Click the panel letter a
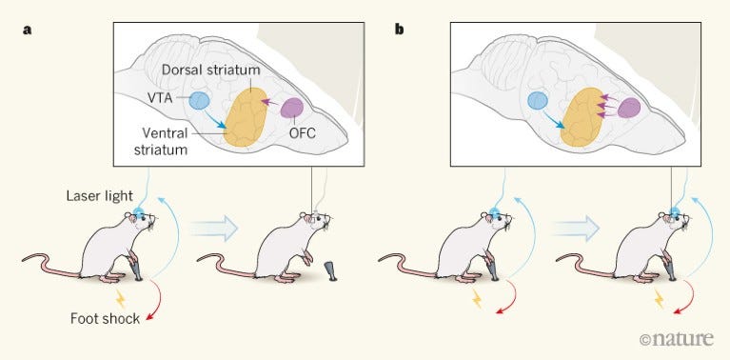(28, 30)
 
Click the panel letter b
(400, 30)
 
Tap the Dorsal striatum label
(210, 71)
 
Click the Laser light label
(98, 196)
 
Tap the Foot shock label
(106, 318)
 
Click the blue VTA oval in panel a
(200, 101)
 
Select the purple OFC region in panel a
(292, 108)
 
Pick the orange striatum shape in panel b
(581, 117)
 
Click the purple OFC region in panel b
(629, 108)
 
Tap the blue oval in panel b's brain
(538, 101)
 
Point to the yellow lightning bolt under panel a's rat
(120, 298)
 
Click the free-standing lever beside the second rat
(330, 271)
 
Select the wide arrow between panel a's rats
(214, 229)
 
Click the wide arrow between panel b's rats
(576, 229)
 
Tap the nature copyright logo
(676, 339)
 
